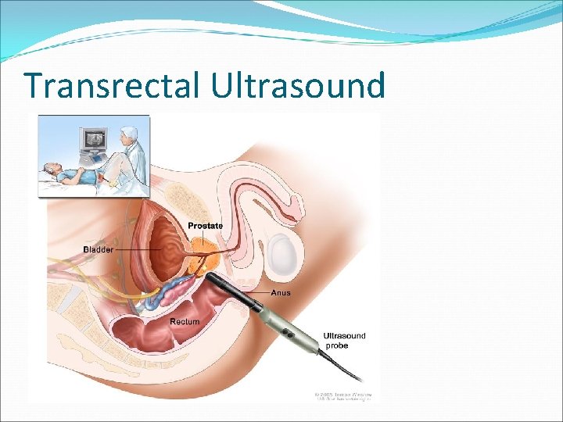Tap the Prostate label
click(205, 226)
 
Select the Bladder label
click(98, 249)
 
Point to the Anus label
click(281, 293)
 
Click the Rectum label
click(185, 321)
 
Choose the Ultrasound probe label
click(344, 341)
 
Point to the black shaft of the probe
click(242, 293)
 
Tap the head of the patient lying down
click(52, 166)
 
